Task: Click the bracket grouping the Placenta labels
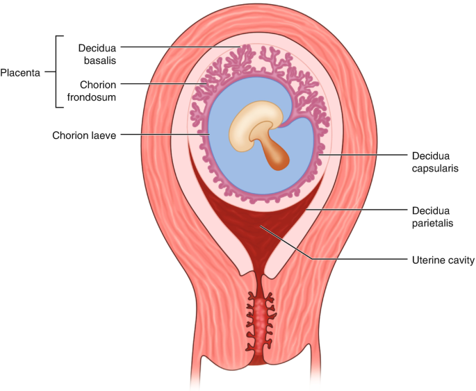(x=56, y=72)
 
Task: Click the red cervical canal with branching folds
(x=260, y=323)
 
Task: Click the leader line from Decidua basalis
(x=181, y=47)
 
